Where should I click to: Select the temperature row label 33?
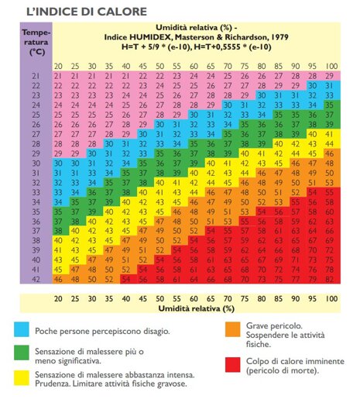coord(36,192)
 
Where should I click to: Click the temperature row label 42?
coord(36,280)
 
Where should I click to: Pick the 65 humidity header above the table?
coord(211,67)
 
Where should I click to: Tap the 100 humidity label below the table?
coord(331,299)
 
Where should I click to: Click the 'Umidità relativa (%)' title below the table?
coord(196,308)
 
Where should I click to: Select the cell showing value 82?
coord(330,280)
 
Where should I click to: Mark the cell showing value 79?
coord(313,280)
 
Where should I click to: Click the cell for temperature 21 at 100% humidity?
coord(330,76)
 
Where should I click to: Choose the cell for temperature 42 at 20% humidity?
coord(58,280)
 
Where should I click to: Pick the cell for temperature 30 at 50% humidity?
coord(159,163)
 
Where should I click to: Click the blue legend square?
coord(22,329)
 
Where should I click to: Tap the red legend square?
coord(232,365)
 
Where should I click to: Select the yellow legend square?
coord(22,378)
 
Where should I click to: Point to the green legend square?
coord(22,353)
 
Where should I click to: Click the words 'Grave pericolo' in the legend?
coord(274,326)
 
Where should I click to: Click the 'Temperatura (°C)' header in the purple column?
coord(36,43)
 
